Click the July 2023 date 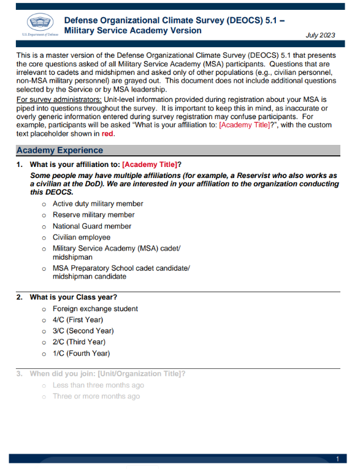pos(320,35)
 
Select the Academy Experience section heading pos(59,150)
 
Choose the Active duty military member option pos(98,204)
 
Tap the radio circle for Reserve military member pos(44,215)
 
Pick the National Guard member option pos(91,226)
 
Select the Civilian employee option pos(82,237)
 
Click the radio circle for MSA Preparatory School pos(44,269)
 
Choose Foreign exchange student pos(95,309)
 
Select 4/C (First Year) pos(77,320)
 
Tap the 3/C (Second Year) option pos(83,331)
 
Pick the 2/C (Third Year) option pos(79,342)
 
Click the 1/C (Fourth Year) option pos(81,353)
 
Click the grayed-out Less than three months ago pos(98,386)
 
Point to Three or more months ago pos(96,397)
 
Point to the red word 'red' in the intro pos(108,133)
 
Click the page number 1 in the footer pos(337,459)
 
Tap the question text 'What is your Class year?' pos(73,297)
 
